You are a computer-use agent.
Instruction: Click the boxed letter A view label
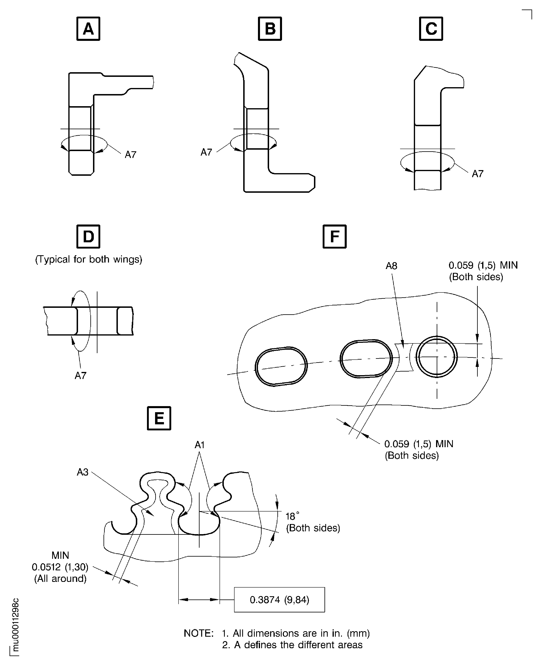[88, 29]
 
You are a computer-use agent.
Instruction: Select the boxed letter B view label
[270, 29]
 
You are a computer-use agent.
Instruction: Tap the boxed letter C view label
[431, 29]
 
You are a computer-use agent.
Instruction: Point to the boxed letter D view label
[88, 236]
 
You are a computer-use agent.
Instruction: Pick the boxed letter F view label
[334, 236]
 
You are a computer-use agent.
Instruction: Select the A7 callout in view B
[206, 152]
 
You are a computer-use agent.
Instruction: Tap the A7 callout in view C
[478, 174]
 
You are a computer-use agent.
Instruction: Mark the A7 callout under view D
[80, 376]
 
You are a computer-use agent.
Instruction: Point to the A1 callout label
[200, 445]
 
